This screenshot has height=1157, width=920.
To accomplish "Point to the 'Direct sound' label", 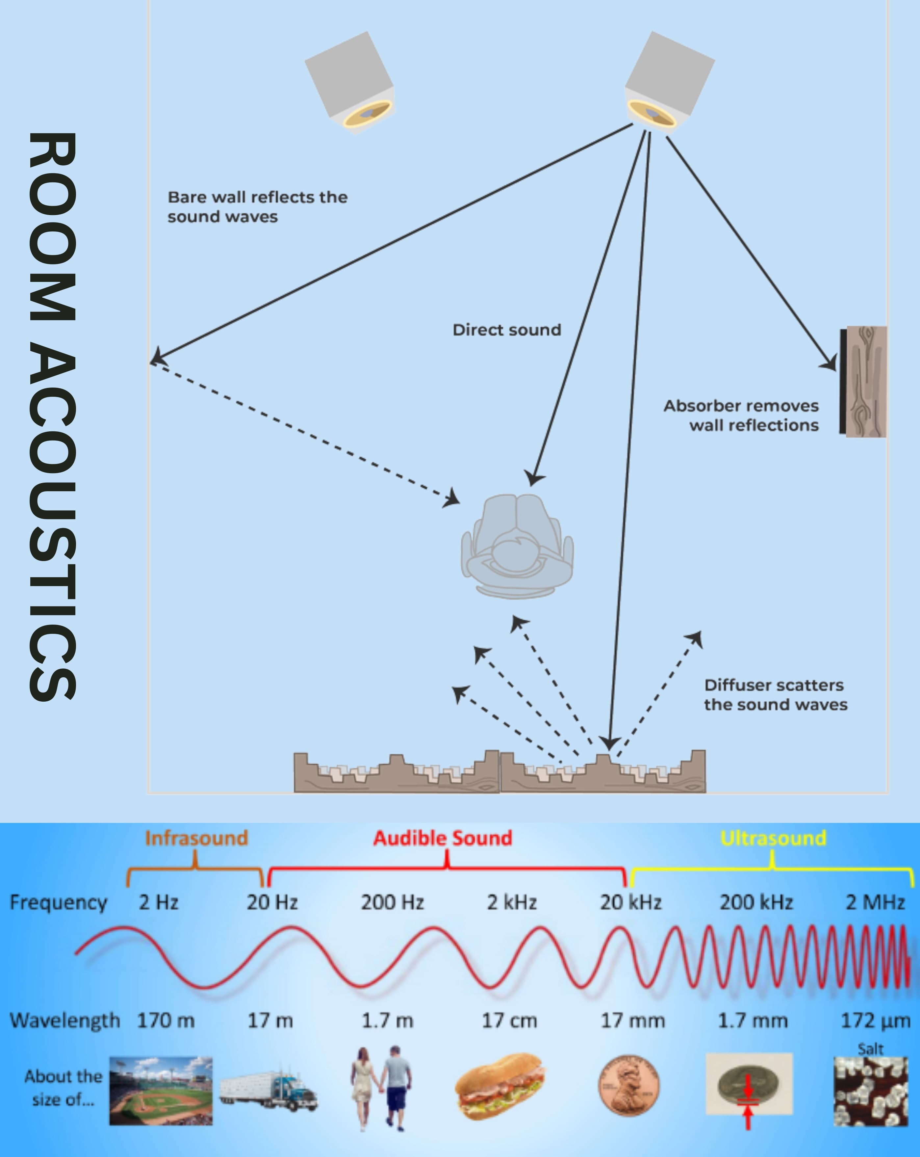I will point(506,330).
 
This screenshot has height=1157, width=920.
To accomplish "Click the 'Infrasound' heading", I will point(196,838).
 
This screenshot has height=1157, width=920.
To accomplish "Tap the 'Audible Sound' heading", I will point(443,838).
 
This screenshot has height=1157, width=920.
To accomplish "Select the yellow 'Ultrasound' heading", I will point(773,838).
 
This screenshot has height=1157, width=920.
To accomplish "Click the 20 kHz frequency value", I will point(630,902).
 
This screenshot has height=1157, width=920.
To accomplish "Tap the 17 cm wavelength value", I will point(509,1020).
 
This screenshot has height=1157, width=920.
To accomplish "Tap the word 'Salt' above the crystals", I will point(870,1049).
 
